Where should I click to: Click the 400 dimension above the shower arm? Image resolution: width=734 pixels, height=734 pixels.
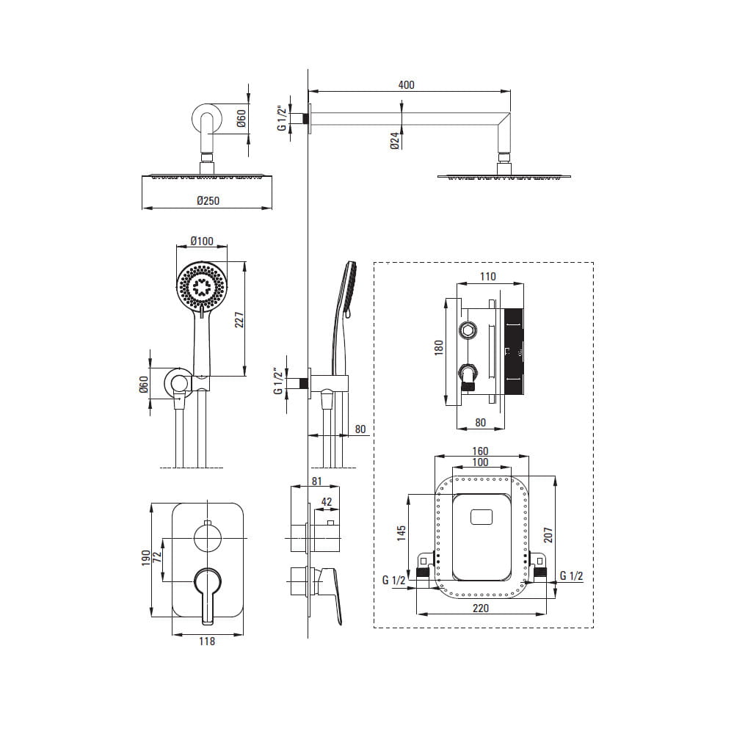click(x=406, y=84)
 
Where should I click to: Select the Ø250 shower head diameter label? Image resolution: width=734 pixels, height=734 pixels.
click(x=208, y=201)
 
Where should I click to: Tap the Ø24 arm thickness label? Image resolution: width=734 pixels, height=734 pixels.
click(x=395, y=140)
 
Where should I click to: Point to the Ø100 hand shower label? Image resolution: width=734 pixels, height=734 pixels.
click(x=202, y=241)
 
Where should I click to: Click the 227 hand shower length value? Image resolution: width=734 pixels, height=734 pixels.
click(x=239, y=320)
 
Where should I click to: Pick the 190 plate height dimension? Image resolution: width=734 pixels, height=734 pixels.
click(x=145, y=558)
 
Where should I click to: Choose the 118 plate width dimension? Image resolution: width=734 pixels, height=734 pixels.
click(x=206, y=642)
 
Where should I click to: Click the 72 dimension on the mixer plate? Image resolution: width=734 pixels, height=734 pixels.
click(x=157, y=556)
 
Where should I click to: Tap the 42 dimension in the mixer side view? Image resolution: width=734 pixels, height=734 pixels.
click(x=327, y=501)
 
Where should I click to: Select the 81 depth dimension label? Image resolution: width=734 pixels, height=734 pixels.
click(x=316, y=481)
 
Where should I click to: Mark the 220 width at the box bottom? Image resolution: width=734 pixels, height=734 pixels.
click(x=480, y=608)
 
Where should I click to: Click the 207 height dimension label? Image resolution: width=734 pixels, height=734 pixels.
click(x=548, y=535)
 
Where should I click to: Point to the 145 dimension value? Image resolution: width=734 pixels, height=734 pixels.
click(x=401, y=533)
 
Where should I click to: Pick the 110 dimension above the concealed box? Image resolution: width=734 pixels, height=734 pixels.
click(x=488, y=277)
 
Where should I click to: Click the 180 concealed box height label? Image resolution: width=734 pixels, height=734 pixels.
click(x=439, y=348)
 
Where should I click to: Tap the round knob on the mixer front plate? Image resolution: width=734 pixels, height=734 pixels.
click(x=208, y=538)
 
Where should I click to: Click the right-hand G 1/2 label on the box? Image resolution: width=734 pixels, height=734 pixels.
click(x=571, y=575)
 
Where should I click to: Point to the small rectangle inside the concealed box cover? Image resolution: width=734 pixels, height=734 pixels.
click(x=482, y=517)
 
